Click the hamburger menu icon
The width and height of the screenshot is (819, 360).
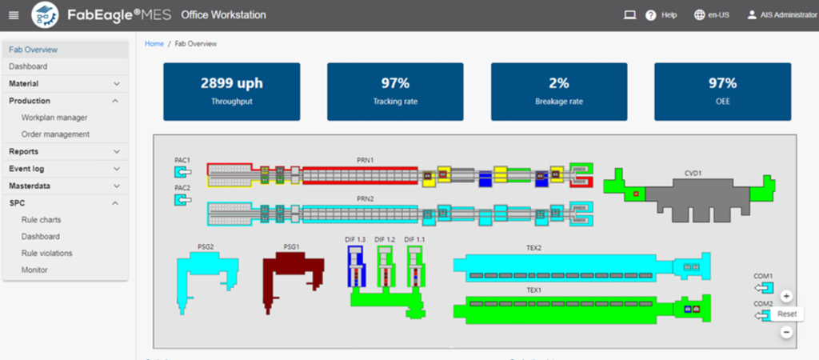14,15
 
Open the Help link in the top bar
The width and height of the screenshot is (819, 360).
662,15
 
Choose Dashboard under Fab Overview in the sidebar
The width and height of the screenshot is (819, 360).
28,66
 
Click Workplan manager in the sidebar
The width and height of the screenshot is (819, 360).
54,118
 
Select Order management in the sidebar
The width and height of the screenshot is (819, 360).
55,134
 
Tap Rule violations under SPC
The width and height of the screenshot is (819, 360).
46,253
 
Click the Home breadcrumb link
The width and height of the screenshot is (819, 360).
154,44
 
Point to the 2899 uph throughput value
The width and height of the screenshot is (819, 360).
231,83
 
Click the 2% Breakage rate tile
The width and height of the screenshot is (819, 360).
558,91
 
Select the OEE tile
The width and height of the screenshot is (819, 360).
722,91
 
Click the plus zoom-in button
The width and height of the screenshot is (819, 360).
786,296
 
